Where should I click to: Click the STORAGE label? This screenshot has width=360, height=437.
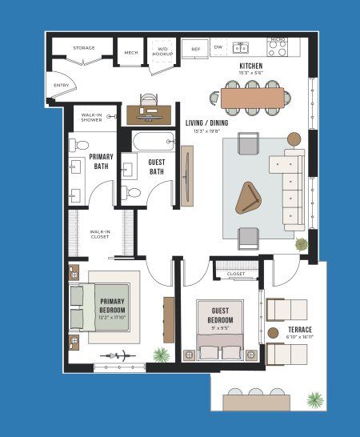point(84,48)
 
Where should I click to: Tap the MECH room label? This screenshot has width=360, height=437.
point(130,53)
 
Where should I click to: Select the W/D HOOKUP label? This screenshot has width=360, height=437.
point(162,50)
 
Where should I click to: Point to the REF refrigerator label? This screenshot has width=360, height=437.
point(195,50)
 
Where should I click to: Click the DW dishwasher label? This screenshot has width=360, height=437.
point(218,47)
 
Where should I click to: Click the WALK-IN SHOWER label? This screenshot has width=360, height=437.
point(91,118)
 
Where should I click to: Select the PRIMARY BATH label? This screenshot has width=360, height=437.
point(102,161)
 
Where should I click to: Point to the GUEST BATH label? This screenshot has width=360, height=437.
point(157,166)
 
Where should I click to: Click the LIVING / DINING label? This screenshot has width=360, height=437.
point(207,123)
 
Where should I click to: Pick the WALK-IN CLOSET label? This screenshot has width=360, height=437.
point(101,234)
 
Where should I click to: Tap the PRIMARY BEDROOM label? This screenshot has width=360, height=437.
point(112,309)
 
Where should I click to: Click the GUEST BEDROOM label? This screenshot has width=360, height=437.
point(221,315)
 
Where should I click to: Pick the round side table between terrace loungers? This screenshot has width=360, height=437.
point(273,332)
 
